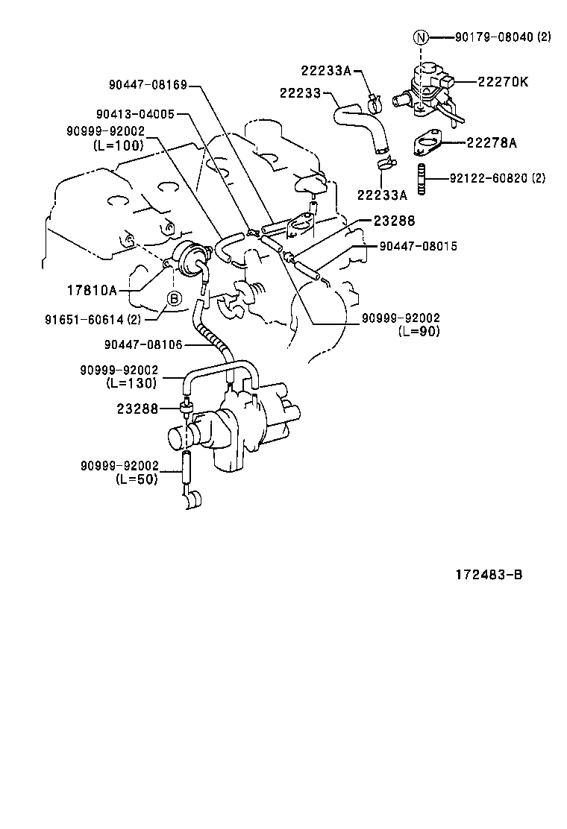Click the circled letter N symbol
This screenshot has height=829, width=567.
coord(422,37)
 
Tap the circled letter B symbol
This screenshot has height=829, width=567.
coord(173,299)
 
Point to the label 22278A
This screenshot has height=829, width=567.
coord(492,142)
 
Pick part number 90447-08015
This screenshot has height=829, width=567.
coord(418,246)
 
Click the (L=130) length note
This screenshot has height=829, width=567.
coord(131,383)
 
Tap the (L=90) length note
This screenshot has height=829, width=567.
coord(419,331)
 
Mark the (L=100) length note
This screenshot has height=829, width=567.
coord(119,145)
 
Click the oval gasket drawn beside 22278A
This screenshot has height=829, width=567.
coord(429,142)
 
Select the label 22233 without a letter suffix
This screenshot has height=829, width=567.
coord(300,93)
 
